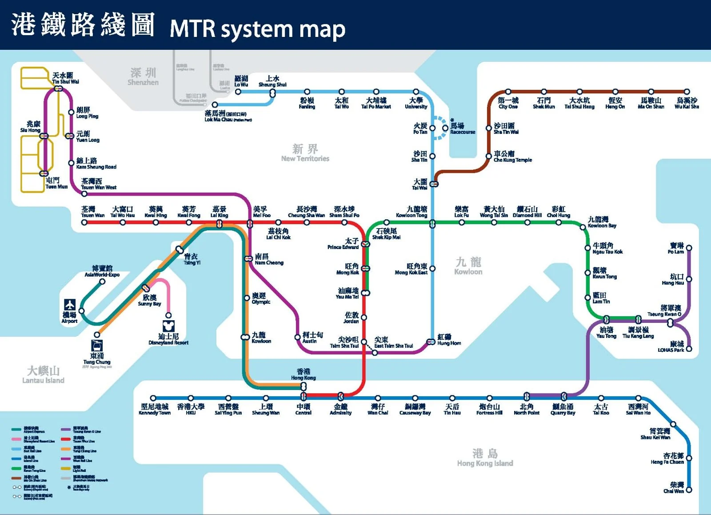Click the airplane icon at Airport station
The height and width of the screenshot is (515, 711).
click(70, 305)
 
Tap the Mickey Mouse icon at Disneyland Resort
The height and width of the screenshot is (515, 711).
click(168, 326)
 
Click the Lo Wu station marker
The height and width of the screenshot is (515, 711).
click(238, 92)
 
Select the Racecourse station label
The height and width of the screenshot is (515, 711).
click(462, 129)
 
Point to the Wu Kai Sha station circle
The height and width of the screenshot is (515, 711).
click(687, 92)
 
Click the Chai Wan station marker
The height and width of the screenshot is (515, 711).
click(689, 490)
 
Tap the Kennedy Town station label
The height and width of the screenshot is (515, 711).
click(155, 409)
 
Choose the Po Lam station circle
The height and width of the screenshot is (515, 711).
click(689, 248)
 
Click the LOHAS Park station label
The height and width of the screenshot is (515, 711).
click(671, 347)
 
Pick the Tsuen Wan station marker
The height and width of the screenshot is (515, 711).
click(84, 222)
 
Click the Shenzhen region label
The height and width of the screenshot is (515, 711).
click(143, 76)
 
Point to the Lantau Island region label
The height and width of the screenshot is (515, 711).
click(43, 374)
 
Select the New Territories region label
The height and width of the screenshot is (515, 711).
click(305, 153)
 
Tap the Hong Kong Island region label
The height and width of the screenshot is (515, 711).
click(485, 458)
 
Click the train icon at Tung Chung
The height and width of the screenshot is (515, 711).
click(97, 346)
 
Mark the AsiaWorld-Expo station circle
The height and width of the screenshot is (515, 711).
click(102, 282)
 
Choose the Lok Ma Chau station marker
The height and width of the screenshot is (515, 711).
click(215, 105)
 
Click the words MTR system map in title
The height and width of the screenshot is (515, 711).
click(257, 29)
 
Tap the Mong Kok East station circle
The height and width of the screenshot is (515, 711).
click(432, 269)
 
